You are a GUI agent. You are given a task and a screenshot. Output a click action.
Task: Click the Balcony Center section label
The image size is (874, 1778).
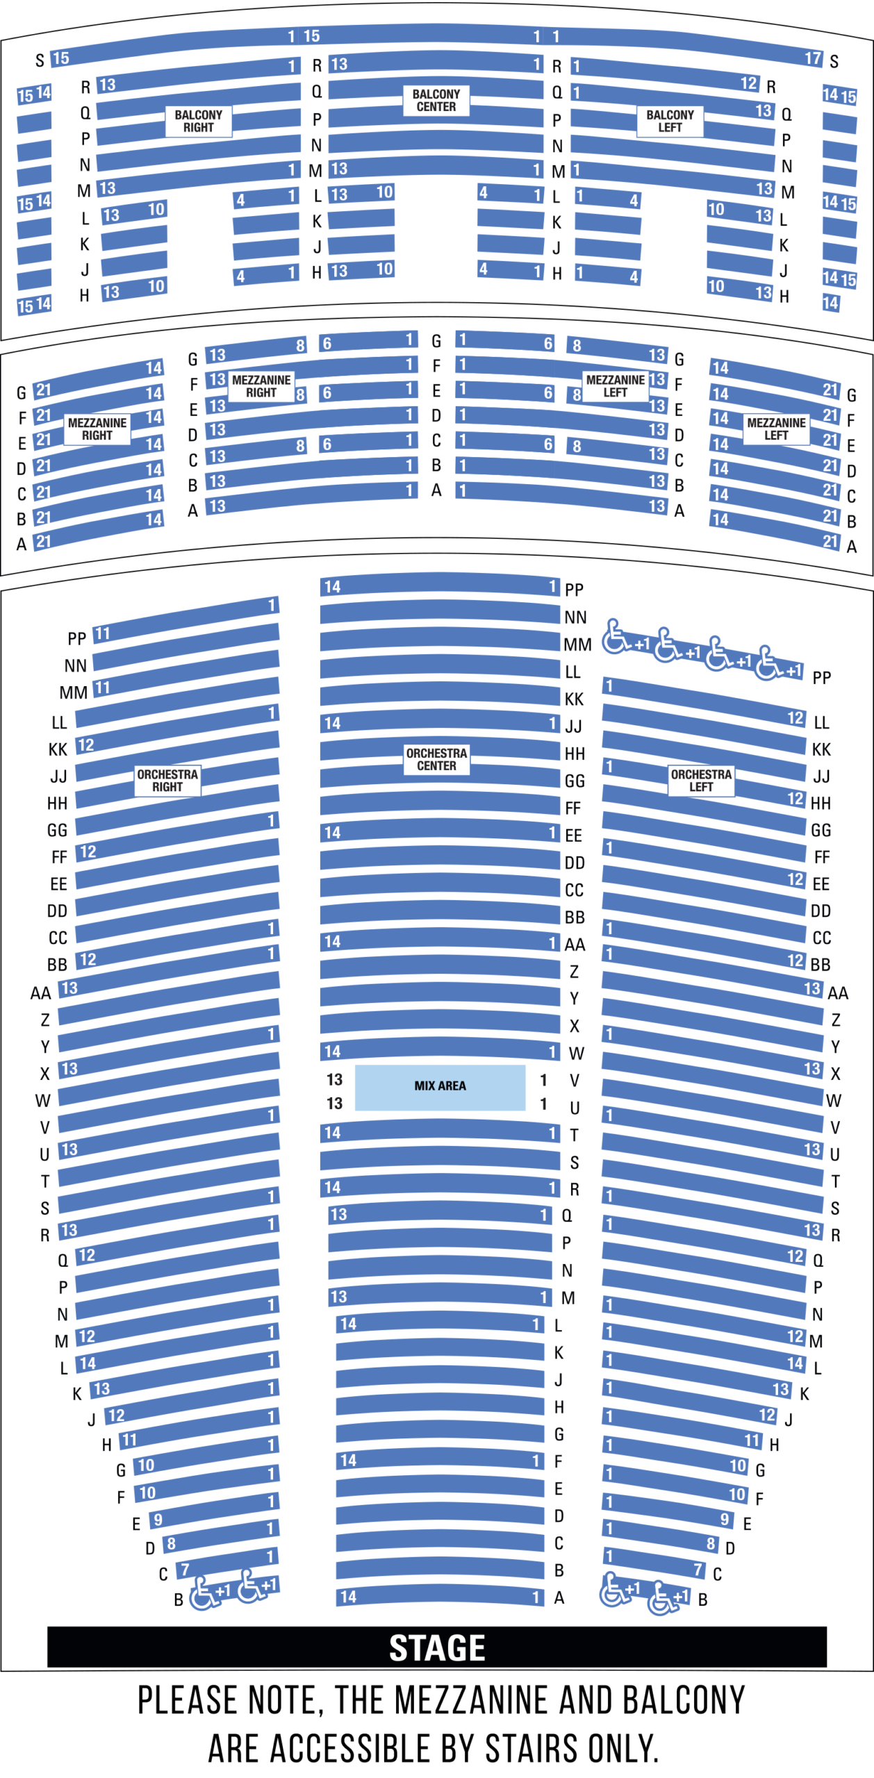[436, 100]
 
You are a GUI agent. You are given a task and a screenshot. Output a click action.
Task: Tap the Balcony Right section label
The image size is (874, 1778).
[199, 121]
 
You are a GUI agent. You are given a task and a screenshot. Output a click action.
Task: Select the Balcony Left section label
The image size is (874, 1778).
[670, 121]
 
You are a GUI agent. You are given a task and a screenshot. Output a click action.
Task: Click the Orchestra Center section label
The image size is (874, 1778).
[436, 759]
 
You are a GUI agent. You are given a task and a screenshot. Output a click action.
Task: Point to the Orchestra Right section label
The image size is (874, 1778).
[167, 780]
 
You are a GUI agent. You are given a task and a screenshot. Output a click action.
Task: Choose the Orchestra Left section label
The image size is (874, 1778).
[701, 780]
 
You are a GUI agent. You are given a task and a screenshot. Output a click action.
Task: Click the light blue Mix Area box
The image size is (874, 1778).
[440, 1087]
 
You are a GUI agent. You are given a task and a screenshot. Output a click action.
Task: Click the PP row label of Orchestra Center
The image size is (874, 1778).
[574, 590]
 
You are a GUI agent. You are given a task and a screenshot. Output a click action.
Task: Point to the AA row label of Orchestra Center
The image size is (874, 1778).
[575, 945]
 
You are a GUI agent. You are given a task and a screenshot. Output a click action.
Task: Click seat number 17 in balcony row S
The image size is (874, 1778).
[813, 58]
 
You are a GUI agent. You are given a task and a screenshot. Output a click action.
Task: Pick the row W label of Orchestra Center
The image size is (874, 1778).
[576, 1054]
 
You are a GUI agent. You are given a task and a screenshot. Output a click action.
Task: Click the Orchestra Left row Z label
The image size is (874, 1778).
[836, 1020]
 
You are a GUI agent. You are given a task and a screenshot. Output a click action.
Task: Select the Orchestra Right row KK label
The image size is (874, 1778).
[58, 749]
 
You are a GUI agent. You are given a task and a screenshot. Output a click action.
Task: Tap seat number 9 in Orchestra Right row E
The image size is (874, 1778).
[158, 1520]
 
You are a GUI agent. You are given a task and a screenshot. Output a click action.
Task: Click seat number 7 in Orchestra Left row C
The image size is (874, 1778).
[698, 1569]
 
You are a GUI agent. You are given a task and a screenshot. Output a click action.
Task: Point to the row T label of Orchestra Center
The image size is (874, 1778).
[574, 1135]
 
